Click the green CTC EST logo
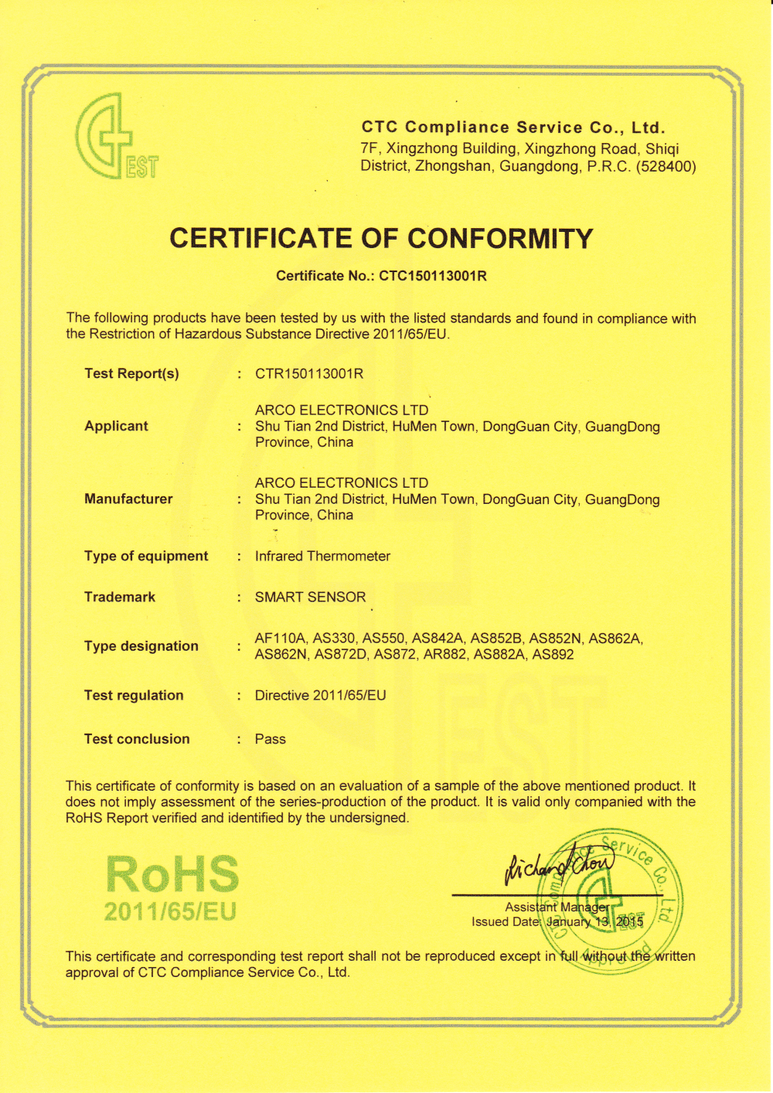[116, 137]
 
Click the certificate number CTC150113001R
[433, 276]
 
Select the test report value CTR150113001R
[309, 374]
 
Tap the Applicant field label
[116, 426]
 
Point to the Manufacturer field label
[128, 499]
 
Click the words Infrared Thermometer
[322, 556]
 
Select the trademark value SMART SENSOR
[310, 597]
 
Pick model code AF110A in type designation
[281, 638]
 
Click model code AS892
[553, 655]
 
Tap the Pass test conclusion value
[270, 739]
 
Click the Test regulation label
[134, 695]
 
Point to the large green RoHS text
[172, 874]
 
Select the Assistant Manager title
[557, 907]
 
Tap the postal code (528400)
[666, 166]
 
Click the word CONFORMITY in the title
[500, 238]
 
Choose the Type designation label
[141, 646]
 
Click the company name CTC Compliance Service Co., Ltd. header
[513, 128]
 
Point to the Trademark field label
[120, 597]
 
